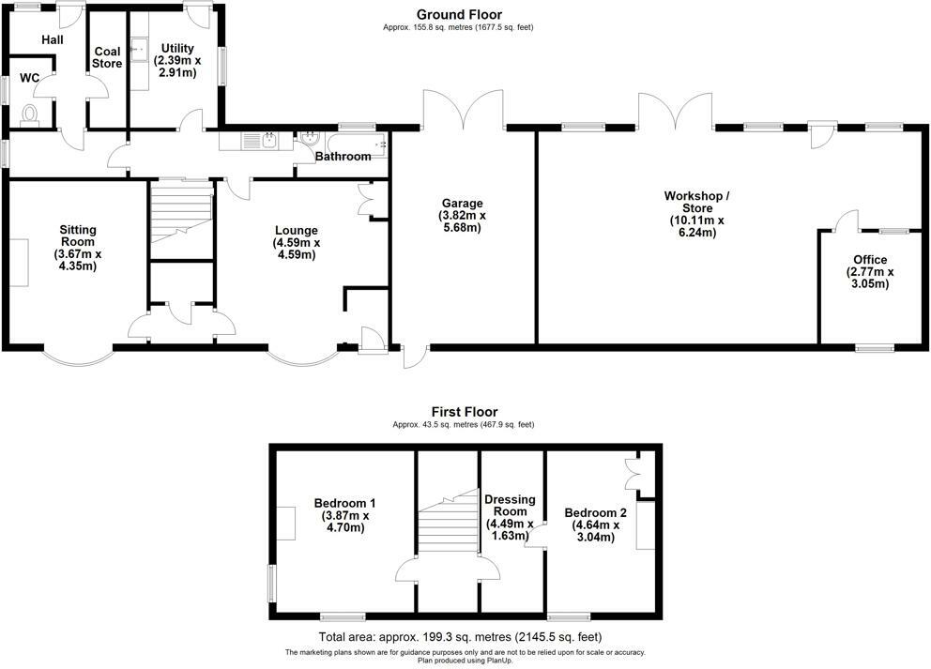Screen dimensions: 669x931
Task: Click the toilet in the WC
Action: point(30,114)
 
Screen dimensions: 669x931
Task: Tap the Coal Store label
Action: point(107,57)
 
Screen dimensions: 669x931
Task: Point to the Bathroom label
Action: point(343,157)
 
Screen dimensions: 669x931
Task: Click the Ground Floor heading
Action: point(459,14)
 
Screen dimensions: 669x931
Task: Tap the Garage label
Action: point(464,203)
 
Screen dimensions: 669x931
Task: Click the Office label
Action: point(870,260)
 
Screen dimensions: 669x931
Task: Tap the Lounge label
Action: point(297,230)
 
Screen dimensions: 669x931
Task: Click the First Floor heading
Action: point(465,411)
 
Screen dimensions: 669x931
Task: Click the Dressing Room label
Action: point(510,506)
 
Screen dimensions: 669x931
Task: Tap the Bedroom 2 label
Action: point(595,512)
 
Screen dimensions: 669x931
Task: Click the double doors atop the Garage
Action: point(464,111)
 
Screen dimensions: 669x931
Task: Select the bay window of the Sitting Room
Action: point(78,358)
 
